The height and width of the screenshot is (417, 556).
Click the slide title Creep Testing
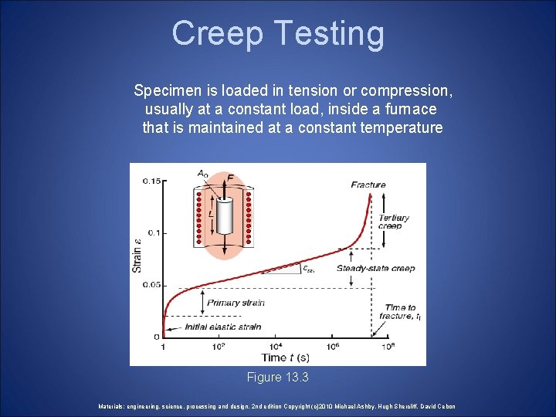[x=278, y=33]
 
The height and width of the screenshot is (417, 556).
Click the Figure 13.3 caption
[x=277, y=378]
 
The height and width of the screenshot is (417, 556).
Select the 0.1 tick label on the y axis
[x=154, y=233]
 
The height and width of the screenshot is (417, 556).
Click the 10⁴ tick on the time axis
[x=276, y=347]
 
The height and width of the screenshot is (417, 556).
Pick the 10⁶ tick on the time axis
[x=332, y=347]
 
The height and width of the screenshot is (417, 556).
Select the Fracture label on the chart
[x=368, y=185]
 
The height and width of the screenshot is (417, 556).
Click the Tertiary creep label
[x=394, y=222]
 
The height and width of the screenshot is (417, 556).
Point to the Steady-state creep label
[x=375, y=269]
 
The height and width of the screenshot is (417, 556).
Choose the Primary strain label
[x=236, y=303]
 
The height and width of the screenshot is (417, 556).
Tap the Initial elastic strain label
[x=223, y=327]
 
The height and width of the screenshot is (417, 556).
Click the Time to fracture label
[x=400, y=312]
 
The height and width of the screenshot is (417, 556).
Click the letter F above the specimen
[x=230, y=178]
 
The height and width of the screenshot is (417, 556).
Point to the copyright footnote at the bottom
[x=277, y=406]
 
